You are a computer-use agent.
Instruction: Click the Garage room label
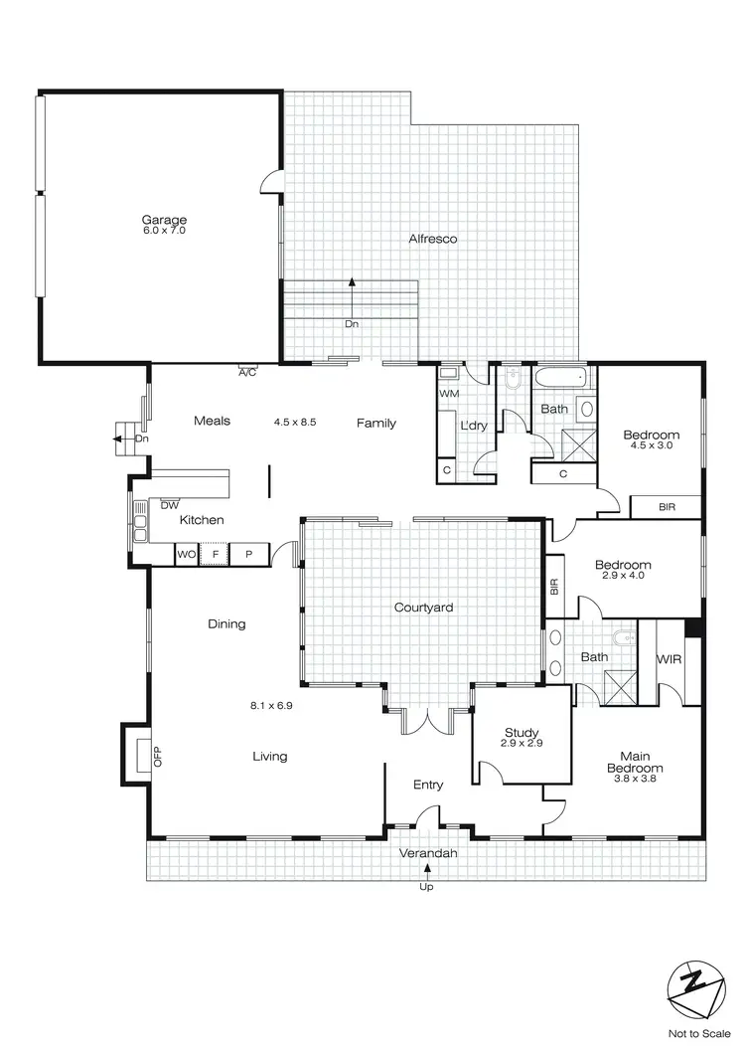pos(164,220)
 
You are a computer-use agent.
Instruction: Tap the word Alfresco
pos(432,239)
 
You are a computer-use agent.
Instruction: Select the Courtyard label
pos(423,607)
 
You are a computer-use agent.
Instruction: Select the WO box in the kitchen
pos(186,554)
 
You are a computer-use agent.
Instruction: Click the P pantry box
pos(249,554)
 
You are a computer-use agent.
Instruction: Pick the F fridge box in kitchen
pos(216,554)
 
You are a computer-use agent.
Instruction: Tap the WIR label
pos(668,658)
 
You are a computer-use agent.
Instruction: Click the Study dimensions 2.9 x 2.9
pos(521,744)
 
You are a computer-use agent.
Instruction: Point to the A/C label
pos(247,374)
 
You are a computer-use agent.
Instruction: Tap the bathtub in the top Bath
pos(561,380)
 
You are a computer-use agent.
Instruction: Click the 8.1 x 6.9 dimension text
pos(270,706)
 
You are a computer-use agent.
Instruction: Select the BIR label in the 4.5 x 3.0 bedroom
pos(667,507)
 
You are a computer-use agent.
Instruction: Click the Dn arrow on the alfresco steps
pos(352,288)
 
